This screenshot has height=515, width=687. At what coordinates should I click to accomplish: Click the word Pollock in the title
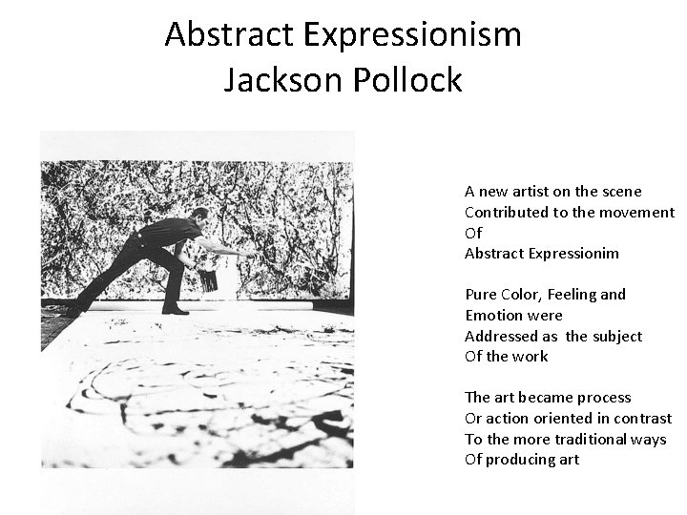pos(410,79)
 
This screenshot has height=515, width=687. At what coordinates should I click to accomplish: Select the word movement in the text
pos(637,213)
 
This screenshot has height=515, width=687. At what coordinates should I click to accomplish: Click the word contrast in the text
pos(643,419)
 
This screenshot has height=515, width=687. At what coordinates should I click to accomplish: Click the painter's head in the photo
pos(199,218)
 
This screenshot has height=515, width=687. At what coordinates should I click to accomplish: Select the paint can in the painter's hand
pos(208,278)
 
